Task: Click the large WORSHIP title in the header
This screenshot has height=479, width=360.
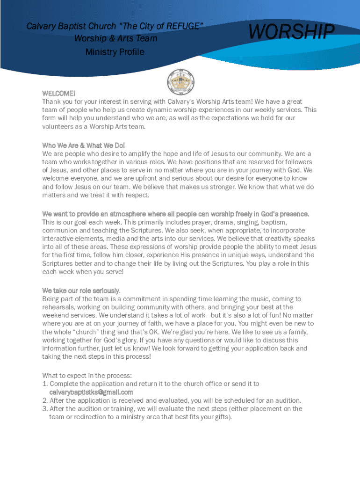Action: [291, 32]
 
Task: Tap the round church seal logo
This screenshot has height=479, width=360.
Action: [180, 82]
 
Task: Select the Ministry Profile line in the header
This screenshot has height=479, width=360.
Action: [115, 52]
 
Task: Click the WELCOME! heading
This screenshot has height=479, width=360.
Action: [59, 93]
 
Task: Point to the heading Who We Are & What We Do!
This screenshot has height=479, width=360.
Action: [84, 145]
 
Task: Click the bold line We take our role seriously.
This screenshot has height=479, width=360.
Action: [81, 290]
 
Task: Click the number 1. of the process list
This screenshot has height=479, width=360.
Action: [45, 384]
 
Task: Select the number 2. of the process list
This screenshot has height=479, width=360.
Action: [45, 400]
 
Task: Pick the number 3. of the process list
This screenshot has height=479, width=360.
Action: [45, 409]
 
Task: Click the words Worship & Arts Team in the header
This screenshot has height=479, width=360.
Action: [116, 38]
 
